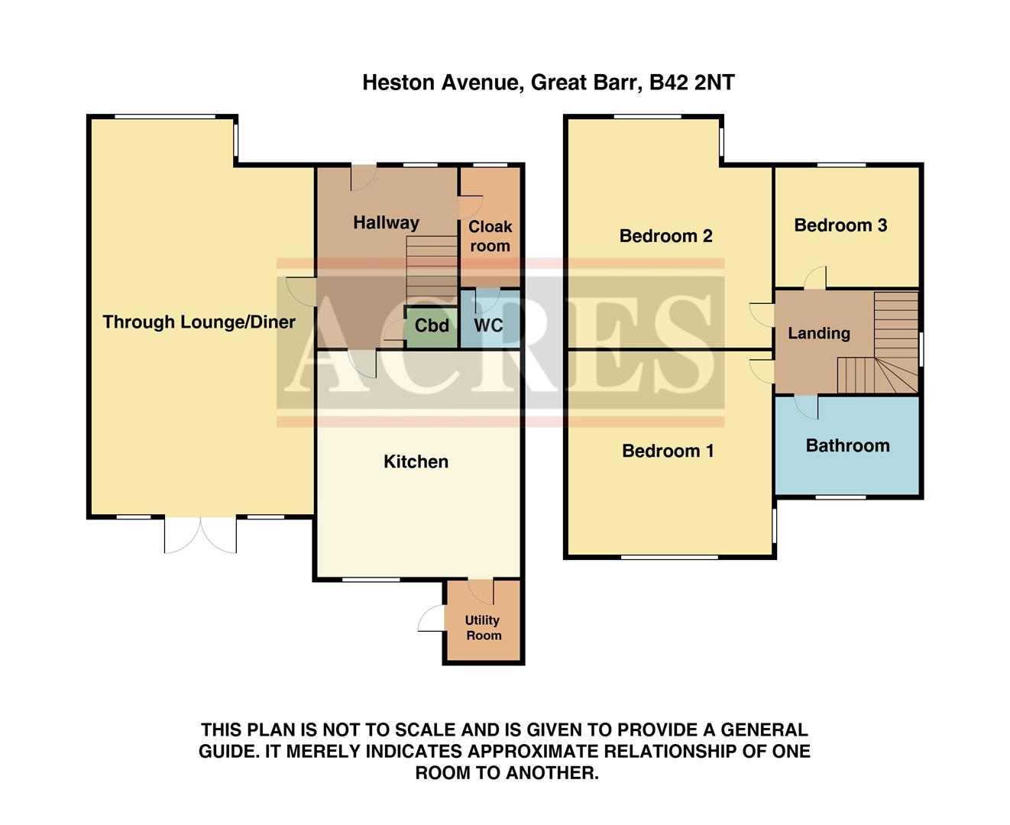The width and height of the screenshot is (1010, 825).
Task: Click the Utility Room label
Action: pyautogui.click(x=483, y=627)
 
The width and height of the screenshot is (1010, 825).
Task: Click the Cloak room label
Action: pyautogui.click(x=490, y=236)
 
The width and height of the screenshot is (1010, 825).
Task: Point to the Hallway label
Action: pyautogui.click(x=386, y=223)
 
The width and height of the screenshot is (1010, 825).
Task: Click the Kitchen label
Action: pyautogui.click(x=416, y=461)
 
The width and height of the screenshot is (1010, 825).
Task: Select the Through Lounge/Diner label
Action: pyautogui.click(x=199, y=322)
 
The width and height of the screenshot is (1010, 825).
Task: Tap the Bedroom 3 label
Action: pyautogui.click(x=840, y=225)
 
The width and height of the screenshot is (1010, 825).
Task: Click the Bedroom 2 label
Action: pyautogui.click(x=665, y=236)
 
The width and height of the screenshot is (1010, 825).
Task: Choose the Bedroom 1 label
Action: pyautogui.click(x=668, y=451)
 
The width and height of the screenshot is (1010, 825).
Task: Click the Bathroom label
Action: pyautogui.click(x=847, y=446)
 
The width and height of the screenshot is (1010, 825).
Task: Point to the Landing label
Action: pyautogui.click(x=818, y=334)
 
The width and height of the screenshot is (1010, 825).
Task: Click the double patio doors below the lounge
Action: pyautogui.click(x=200, y=535)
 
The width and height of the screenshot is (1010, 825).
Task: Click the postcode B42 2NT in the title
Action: pyautogui.click(x=691, y=82)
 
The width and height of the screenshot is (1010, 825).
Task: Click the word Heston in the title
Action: pyautogui.click(x=397, y=82)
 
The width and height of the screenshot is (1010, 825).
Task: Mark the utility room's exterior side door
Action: pyautogui.click(x=432, y=619)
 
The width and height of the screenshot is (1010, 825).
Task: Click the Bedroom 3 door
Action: pyautogui.click(x=814, y=278)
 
